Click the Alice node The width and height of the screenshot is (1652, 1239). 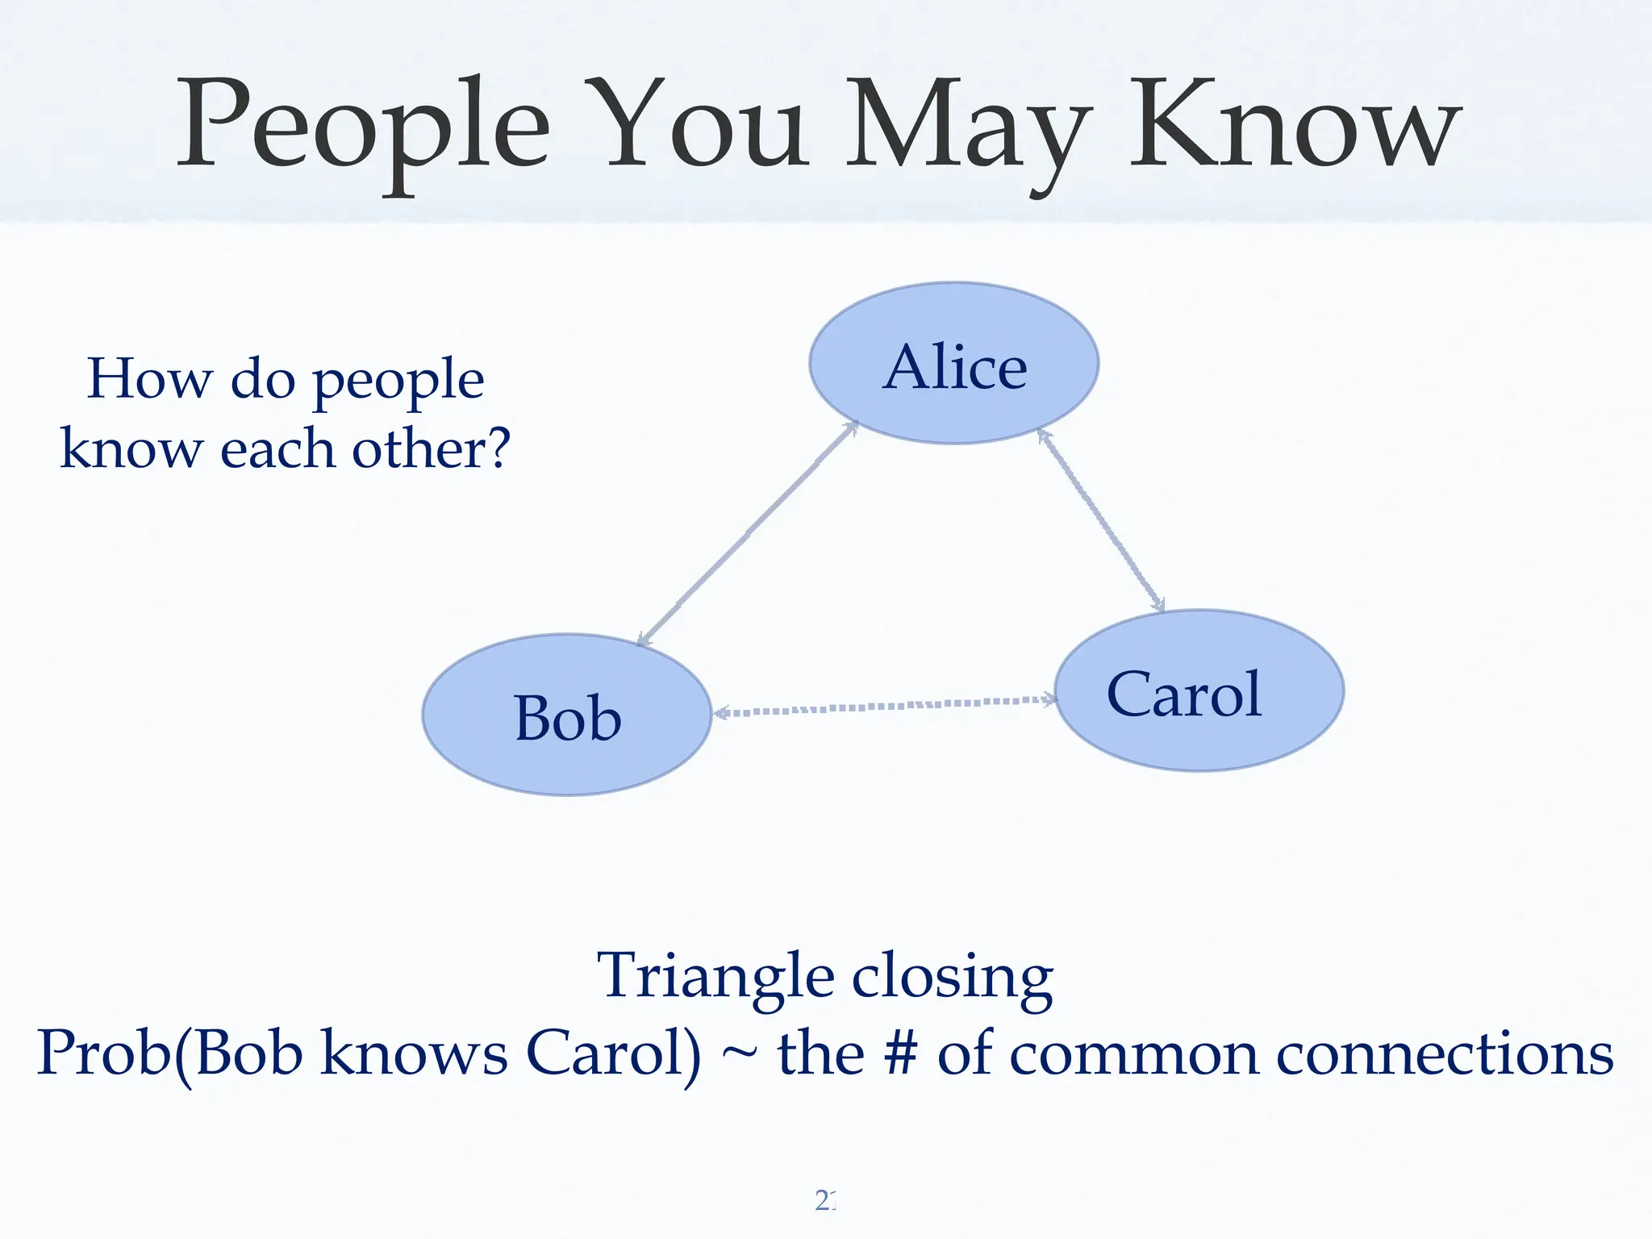(954, 363)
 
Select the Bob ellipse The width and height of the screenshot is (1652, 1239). (567, 715)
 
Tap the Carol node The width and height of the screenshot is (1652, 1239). (1199, 690)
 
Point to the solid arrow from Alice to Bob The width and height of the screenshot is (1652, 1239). (748, 534)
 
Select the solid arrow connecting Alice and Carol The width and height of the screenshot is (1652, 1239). (1101, 520)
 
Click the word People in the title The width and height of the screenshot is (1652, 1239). (363, 125)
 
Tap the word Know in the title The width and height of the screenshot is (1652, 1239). (1295, 125)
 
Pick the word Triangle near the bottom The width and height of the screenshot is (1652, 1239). (715, 977)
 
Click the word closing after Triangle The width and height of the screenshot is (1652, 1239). (953, 978)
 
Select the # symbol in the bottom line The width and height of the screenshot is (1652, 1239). (900, 1053)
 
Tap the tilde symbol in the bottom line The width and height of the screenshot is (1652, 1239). (738, 1055)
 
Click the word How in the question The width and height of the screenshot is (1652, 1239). (149, 378)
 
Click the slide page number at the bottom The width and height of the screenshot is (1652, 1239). (825, 1201)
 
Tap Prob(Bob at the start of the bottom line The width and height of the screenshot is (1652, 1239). (169, 1053)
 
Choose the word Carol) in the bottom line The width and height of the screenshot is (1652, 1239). (613, 1053)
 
